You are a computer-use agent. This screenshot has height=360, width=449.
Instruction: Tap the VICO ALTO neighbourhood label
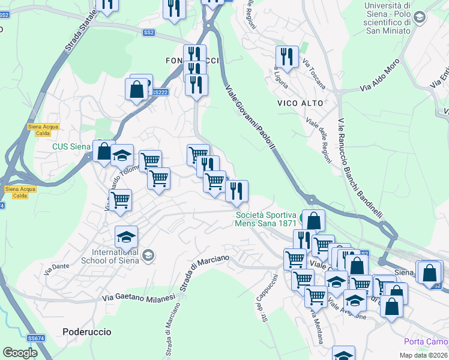[x=300, y=103]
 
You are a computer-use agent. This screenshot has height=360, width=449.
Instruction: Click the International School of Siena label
[x=116, y=256]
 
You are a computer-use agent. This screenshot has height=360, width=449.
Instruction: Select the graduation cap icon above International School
[x=127, y=237]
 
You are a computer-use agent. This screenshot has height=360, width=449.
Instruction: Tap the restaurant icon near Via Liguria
[x=287, y=57]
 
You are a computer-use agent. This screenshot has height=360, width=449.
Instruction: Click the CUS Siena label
[x=71, y=146]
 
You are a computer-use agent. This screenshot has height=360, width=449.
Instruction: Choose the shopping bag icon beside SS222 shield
[x=136, y=89]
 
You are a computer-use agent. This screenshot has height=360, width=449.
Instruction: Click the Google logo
[x=20, y=353]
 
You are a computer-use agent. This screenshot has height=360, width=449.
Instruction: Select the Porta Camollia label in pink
[x=426, y=342]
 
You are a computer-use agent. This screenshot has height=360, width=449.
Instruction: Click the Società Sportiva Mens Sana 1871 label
[x=265, y=219]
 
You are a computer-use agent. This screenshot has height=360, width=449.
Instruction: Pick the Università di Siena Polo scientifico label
[x=388, y=18]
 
